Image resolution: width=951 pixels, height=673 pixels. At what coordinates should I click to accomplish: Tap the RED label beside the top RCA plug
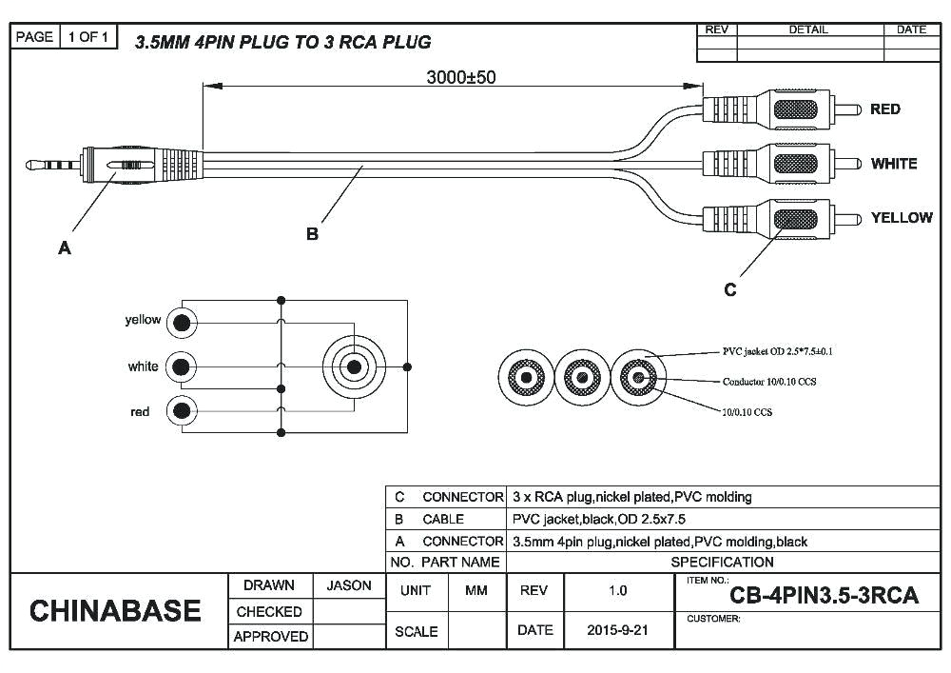(x=884, y=109)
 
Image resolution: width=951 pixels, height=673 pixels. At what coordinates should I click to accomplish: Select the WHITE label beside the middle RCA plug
(x=893, y=164)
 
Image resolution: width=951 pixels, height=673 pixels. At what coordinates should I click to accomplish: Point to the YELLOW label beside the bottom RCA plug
(x=901, y=218)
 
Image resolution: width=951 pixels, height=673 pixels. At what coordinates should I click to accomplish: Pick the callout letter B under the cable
(x=312, y=234)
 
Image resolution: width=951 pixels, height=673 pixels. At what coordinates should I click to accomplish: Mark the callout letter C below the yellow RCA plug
(x=729, y=290)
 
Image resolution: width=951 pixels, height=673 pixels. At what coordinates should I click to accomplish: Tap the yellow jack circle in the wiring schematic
(x=181, y=323)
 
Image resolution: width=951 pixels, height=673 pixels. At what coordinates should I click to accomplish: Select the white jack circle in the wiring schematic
(x=181, y=366)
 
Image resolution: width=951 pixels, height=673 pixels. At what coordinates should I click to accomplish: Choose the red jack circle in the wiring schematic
(x=181, y=411)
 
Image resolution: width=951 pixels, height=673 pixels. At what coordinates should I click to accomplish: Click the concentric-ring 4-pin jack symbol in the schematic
(x=354, y=366)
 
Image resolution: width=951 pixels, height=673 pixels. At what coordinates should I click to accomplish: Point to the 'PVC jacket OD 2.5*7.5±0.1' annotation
(x=777, y=351)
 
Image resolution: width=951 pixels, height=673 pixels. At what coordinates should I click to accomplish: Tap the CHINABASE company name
(x=115, y=611)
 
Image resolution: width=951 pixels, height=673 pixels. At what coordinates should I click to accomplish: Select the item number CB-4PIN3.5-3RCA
(x=824, y=596)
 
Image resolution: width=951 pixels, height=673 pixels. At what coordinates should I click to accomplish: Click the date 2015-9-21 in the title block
(x=617, y=630)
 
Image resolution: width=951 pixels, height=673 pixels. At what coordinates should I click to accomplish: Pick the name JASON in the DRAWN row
(x=349, y=586)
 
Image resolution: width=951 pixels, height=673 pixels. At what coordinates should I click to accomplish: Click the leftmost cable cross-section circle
(x=525, y=379)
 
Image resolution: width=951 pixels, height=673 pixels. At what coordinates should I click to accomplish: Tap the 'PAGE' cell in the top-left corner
(x=35, y=37)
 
